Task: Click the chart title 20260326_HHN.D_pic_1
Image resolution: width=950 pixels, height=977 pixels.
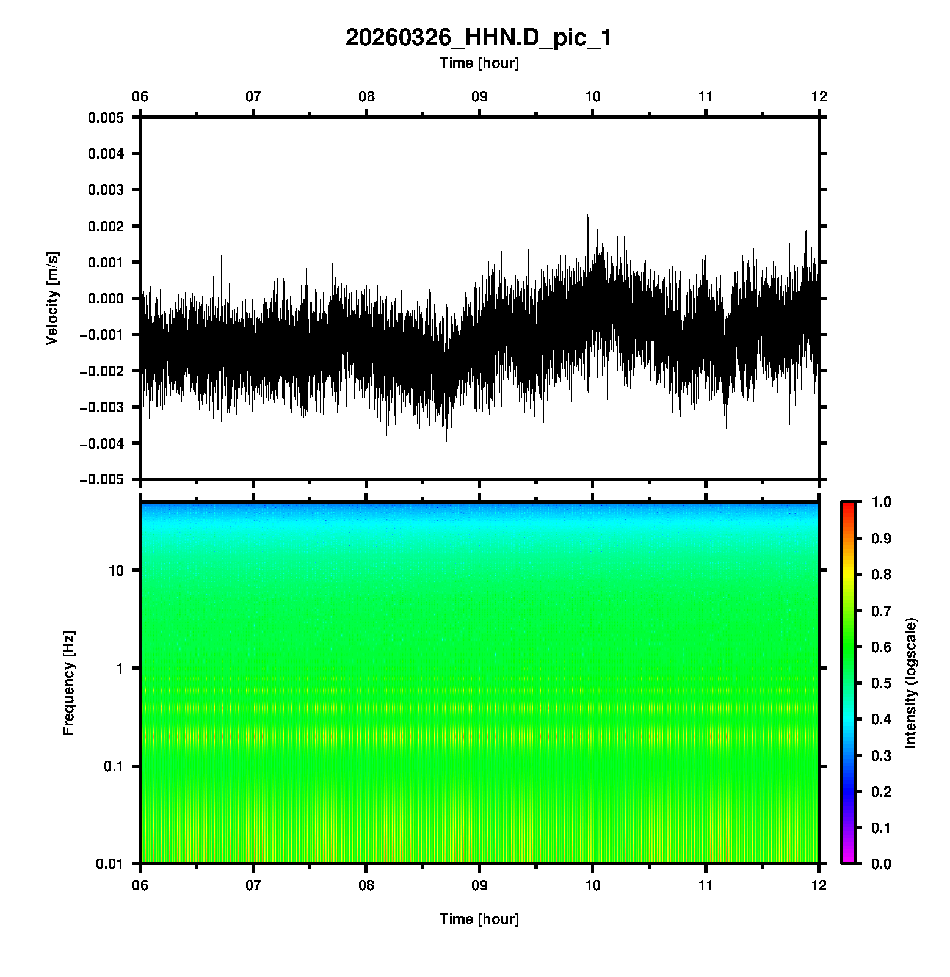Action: click(x=479, y=38)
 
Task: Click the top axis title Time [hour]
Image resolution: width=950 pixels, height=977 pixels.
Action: click(x=479, y=63)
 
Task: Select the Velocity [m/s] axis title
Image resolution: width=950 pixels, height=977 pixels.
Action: click(x=53, y=298)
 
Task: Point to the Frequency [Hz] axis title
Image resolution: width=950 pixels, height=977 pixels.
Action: click(x=68, y=683)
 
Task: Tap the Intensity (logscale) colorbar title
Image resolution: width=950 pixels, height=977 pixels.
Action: click(x=911, y=683)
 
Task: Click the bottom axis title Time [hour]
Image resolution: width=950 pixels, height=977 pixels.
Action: click(x=479, y=919)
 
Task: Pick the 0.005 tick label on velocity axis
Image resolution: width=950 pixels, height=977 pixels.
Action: click(x=106, y=118)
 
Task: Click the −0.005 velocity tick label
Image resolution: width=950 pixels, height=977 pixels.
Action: click(x=102, y=480)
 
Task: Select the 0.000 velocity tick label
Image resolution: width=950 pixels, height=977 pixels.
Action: click(x=106, y=299)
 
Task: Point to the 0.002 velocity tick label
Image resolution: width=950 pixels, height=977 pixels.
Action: click(x=106, y=227)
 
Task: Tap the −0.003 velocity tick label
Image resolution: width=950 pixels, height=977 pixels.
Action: click(x=102, y=407)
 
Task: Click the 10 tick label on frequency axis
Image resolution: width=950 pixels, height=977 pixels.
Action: click(x=116, y=571)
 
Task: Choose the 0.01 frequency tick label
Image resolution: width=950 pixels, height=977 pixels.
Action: click(x=110, y=864)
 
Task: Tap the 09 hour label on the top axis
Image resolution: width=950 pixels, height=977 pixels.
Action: click(x=479, y=96)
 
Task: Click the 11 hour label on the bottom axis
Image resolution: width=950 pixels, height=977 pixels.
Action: click(x=706, y=885)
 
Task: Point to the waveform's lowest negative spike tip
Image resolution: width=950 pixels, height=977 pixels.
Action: click(x=531, y=454)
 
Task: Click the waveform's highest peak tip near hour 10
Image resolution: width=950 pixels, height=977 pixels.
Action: click(x=587, y=216)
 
